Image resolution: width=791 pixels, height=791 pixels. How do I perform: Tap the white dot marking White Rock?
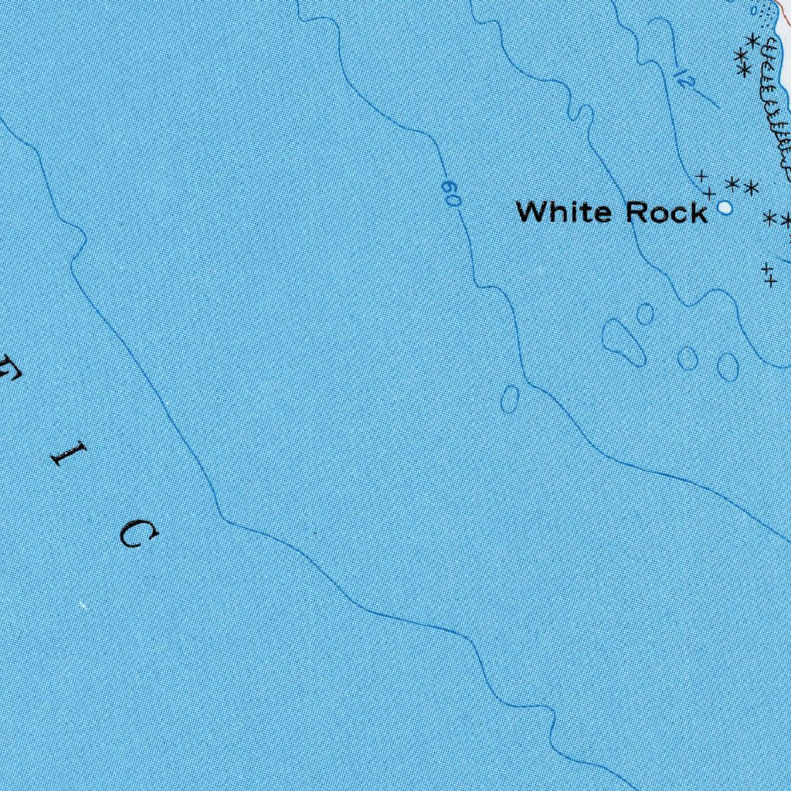725,207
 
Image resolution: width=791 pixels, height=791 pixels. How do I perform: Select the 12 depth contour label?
681,77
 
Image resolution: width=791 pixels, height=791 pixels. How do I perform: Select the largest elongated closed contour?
623,341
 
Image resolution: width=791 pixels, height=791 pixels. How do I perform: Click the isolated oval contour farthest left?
510,399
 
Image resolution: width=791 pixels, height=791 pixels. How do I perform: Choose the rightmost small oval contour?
728,366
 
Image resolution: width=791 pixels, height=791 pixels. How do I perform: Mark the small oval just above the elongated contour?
645,314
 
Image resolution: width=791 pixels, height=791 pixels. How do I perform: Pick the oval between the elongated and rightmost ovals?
687,358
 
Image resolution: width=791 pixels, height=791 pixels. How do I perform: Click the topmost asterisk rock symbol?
752,40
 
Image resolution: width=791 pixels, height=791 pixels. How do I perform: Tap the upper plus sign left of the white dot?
702,176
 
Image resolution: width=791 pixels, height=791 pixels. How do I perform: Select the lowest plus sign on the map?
769,281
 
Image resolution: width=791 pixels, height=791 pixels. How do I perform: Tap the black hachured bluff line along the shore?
775,100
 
